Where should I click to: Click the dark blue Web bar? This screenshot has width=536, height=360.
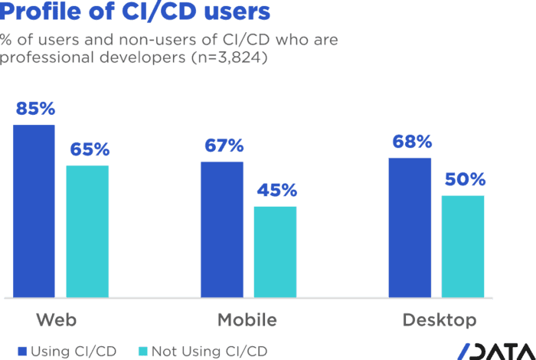coord(34,210)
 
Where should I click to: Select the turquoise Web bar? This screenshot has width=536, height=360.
coord(87,231)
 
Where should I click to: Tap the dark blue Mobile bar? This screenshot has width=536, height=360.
coord(222,228)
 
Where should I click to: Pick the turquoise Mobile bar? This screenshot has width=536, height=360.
coord(275,251)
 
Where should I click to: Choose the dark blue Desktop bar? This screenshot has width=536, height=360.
coord(410,227)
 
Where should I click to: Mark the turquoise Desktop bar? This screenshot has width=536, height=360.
coord(463,246)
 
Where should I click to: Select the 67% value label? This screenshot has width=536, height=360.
coord(223,146)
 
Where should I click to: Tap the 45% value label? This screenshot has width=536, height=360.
coord(276,191)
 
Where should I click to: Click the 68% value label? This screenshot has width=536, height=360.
coord(410,142)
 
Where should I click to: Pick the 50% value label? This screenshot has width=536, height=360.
coord(464,180)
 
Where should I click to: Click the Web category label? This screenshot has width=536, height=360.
coord(56,319)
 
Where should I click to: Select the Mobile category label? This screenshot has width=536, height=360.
coord(247,319)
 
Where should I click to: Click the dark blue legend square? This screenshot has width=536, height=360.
coord(22,351)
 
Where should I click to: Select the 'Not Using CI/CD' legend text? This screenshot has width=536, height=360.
coord(208,351)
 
